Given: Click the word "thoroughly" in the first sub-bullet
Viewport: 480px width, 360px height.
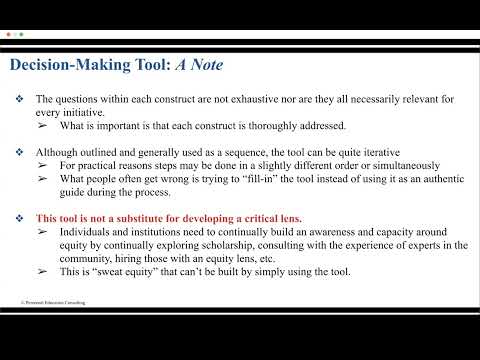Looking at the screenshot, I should (x=253, y=128).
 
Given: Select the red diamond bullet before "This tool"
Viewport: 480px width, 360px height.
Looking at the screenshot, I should (x=19, y=218).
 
